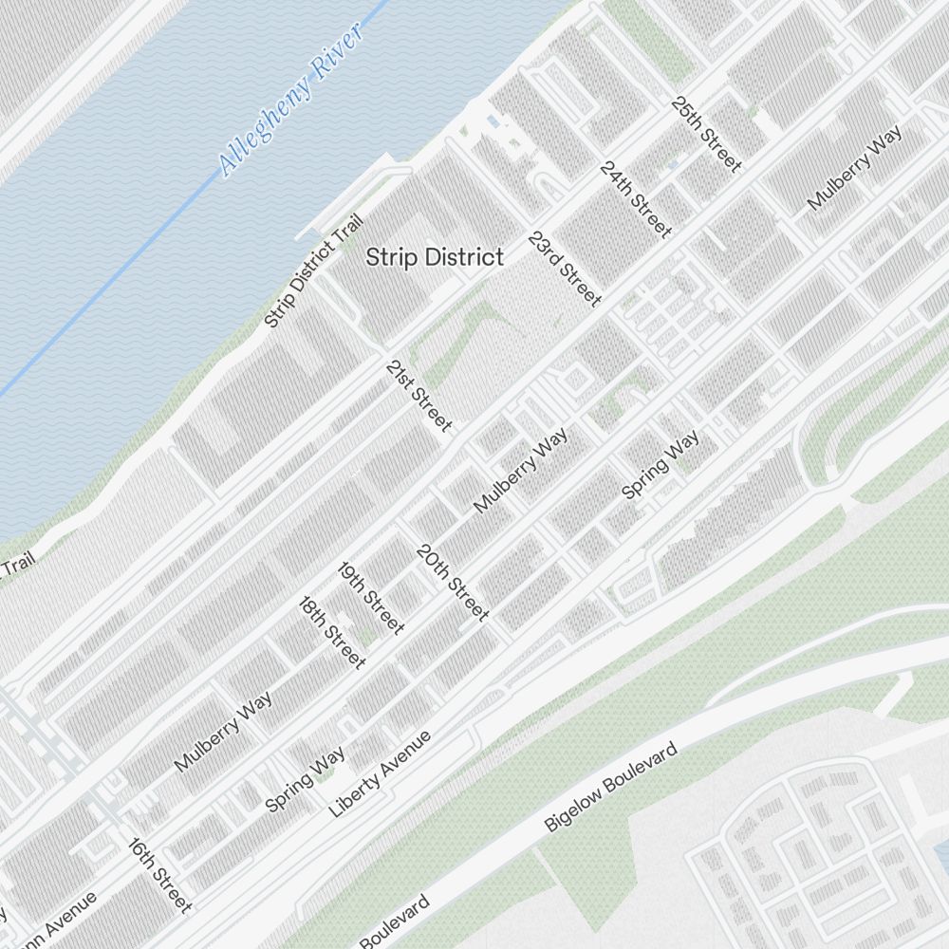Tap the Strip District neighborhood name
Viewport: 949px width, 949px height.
click(x=435, y=257)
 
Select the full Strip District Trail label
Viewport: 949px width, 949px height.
click(x=314, y=270)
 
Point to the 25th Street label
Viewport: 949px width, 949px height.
click(x=706, y=134)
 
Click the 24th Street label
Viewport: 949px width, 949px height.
click(x=636, y=199)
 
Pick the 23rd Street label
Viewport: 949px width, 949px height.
click(x=566, y=270)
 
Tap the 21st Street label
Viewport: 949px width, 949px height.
click(x=419, y=396)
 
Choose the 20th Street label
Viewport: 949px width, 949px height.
click(x=453, y=583)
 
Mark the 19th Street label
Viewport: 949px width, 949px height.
click(x=371, y=598)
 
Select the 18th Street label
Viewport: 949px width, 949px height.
click(x=332, y=632)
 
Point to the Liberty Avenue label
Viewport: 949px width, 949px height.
click(x=380, y=774)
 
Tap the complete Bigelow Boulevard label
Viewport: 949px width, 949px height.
click(x=611, y=789)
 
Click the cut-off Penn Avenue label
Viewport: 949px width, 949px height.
click(x=57, y=921)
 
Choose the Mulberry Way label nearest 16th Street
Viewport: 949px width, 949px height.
click(x=223, y=731)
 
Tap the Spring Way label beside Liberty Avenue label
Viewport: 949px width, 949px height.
click(x=305, y=779)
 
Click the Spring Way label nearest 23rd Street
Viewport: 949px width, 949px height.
click(x=661, y=464)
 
